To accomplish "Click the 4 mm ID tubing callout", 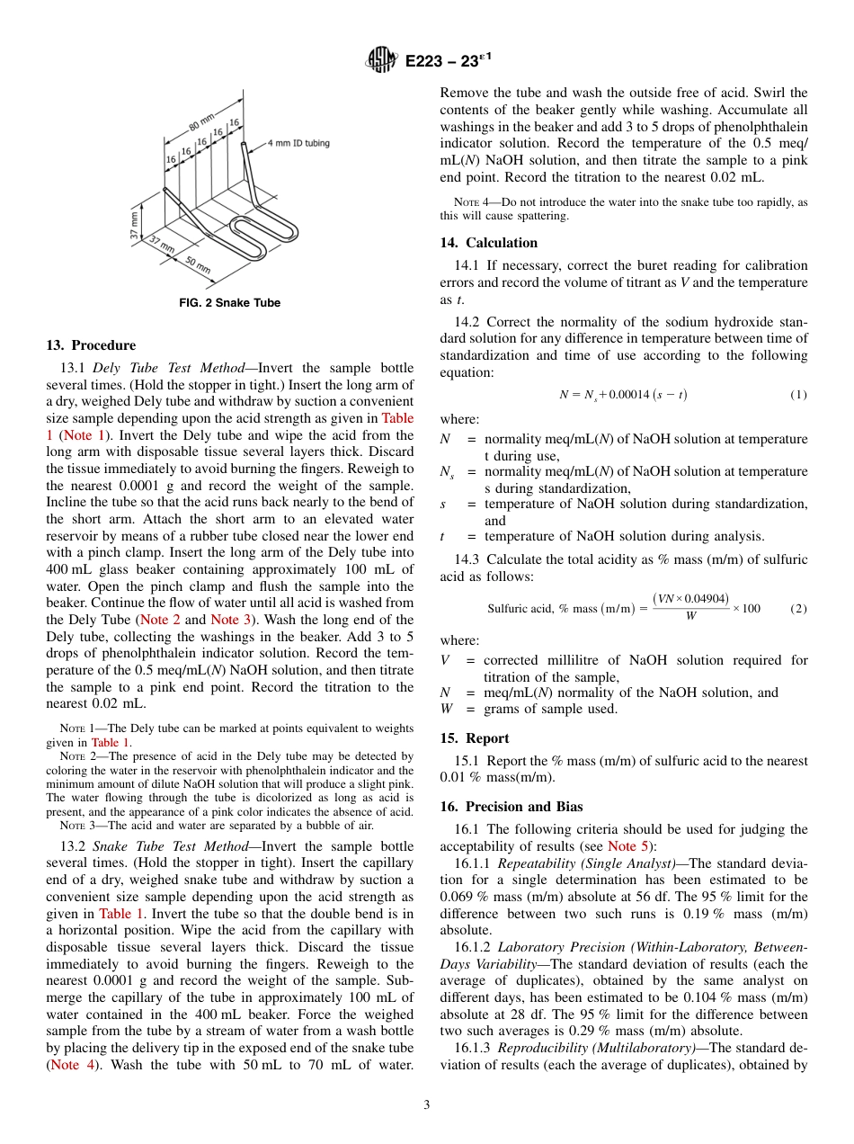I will [298, 143].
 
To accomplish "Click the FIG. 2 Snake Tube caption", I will [230, 303].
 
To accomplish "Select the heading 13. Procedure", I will [91, 345].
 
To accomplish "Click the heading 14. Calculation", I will [488, 243].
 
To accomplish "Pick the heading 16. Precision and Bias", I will [511, 807].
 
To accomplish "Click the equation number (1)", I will [798, 395].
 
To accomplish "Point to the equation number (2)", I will [798, 609].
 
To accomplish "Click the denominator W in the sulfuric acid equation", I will [690, 617].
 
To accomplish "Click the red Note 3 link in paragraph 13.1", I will [225, 620].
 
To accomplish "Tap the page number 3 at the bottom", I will [427, 1105].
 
